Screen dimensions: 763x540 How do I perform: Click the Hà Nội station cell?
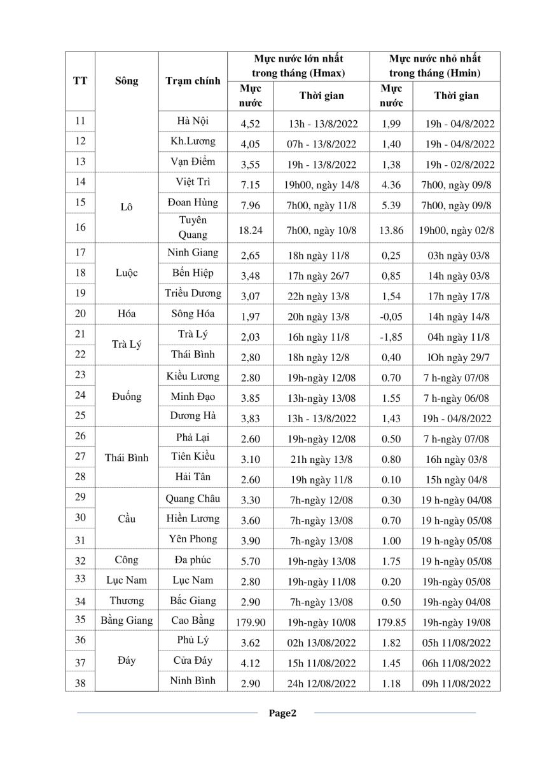(x=193, y=120)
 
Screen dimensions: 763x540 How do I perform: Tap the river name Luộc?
(x=127, y=273)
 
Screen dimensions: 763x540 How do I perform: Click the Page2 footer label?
(x=282, y=713)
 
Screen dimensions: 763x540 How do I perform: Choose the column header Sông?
(x=127, y=81)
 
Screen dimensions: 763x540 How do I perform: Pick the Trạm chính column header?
(x=193, y=81)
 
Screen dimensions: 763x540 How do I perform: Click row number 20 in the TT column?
(x=80, y=313)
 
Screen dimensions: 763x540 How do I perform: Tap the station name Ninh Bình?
(x=193, y=680)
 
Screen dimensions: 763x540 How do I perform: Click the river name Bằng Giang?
(x=127, y=620)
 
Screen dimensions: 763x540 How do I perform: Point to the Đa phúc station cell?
(x=193, y=560)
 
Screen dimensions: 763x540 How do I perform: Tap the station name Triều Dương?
(x=193, y=293)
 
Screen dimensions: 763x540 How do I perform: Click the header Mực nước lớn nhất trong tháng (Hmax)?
(x=298, y=66)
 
